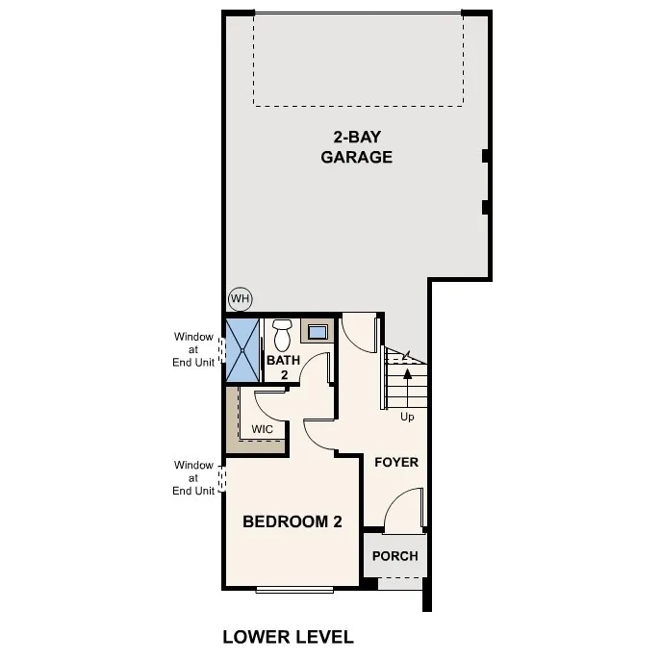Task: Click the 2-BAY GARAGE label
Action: click(356, 147)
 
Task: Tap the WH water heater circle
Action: click(239, 299)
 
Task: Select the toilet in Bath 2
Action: click(282, 336)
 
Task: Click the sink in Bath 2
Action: click(317, 333)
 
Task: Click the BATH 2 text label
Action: click(284, 368)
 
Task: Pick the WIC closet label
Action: click(262, 429)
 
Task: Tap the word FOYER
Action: click(395, 462)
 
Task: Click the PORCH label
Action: click(394, 556)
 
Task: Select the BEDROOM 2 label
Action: click(292, 522)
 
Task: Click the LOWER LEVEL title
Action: click(288, 636)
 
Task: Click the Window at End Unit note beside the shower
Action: click(193, 349)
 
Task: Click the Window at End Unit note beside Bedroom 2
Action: click(193, 477)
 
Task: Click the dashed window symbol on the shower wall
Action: click(223, 350)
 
